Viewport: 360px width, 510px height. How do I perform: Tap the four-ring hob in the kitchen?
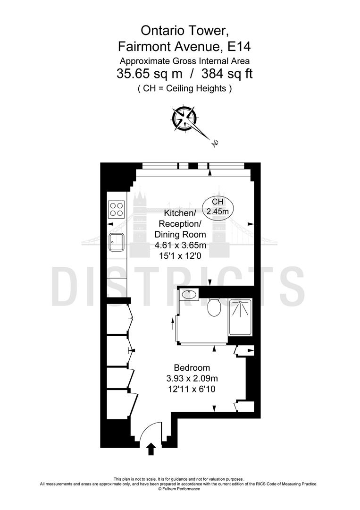pyautogui.click(x=116, y=208)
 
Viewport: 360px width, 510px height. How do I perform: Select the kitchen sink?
pyautogui.click(x=116, y=242)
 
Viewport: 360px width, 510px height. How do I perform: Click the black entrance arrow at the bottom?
pyautogui.click(x=151, y=449)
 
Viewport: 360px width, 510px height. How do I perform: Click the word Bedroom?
pyautogui.click(x=192, y=368)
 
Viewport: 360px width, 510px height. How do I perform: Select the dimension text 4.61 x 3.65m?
pyautogui.click(x=180, y=245)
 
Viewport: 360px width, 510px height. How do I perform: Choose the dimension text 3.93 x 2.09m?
pyautogui.click(x=192, y=378)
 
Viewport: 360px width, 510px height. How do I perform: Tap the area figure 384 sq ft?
pyautogui.click(x=227, y=74)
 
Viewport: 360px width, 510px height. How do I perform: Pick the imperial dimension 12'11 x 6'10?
pyautogui.click(x=192, y=389)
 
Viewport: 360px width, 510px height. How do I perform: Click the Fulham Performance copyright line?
pyautogui.click(x=179, y=489)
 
